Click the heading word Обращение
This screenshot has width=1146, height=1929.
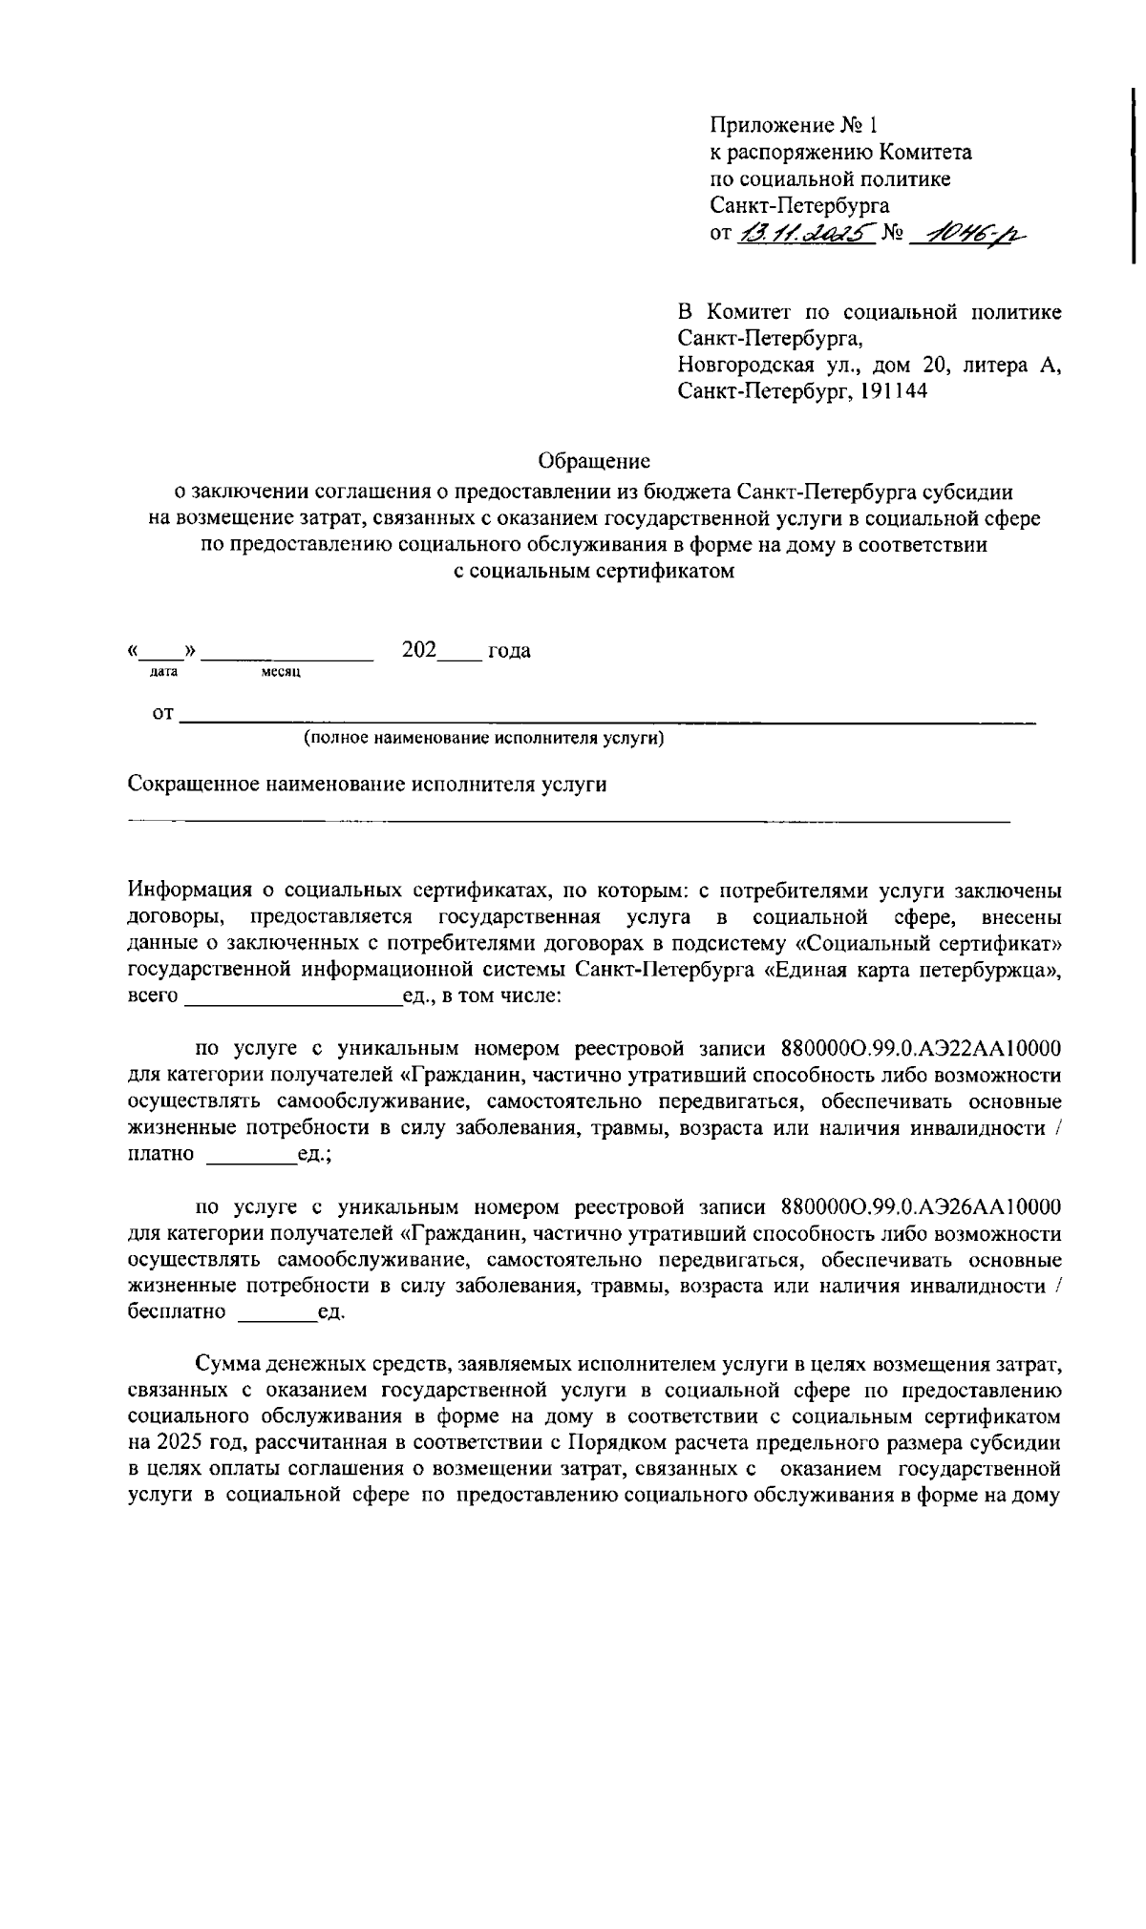594,462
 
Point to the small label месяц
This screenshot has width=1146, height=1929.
281,673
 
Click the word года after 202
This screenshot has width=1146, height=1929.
509,651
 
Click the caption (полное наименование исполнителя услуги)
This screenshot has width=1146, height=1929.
483,739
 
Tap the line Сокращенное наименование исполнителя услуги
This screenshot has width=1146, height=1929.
368,785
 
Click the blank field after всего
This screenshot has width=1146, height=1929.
292,997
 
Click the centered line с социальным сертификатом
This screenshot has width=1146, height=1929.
593,573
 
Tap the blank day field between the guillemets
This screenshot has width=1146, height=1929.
163,653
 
